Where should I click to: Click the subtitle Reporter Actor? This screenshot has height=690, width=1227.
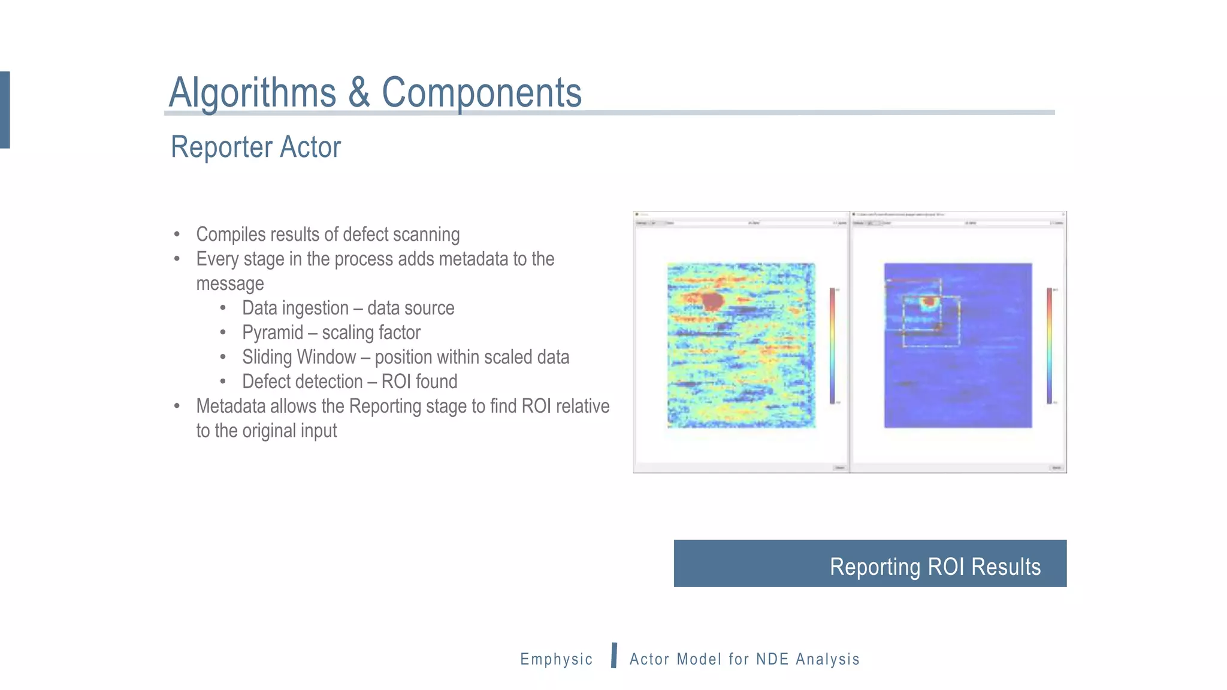click(x=256, y=147)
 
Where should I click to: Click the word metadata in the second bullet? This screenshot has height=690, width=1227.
click(x=473, y=259)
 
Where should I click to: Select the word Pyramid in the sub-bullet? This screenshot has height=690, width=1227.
click(x=272, y=332)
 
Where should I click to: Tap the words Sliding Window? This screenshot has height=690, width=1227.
click(x=298, y=357)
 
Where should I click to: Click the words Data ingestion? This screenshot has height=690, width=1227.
click(x=295, y=308)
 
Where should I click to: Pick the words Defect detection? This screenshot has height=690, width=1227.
click(x=302, y=382)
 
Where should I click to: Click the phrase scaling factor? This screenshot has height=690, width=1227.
click(x=371, y=332)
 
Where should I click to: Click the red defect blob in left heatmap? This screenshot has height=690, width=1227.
click(x=712, y=300)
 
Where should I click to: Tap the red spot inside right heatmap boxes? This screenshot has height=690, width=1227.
click(x=929, y=301)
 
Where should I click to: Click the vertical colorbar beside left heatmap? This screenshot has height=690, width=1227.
click(x=832, y=346)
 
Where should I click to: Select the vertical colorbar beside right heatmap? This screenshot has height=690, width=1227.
click(x=1049, y=346)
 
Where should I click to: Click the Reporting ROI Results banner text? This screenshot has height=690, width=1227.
click(x=935, y=567)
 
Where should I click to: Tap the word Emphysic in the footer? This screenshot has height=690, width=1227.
click(x=556, y=659)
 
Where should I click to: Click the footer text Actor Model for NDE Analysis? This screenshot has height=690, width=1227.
click(x=744, y=659)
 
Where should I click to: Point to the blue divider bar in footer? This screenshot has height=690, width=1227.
click(x=614, y=655)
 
